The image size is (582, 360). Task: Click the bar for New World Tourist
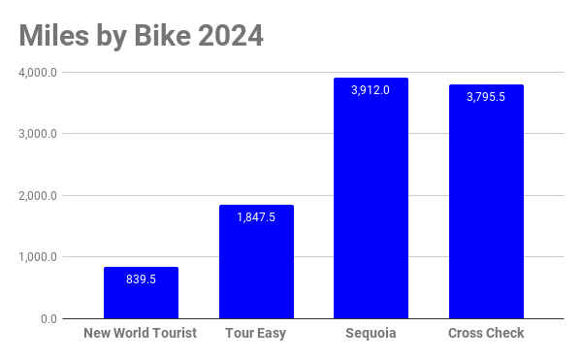coord(141,292)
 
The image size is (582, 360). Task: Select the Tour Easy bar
coord(256,262)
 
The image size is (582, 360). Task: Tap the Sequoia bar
coord(371,198)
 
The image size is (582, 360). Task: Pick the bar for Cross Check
coord(486,202)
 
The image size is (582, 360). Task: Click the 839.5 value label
coord(141,279)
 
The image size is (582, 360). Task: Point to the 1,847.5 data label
coord(256,217)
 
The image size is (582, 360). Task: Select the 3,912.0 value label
coord(371,90)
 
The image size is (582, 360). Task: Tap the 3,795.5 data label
coord(486,97)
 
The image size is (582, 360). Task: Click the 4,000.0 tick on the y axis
coord(38,73)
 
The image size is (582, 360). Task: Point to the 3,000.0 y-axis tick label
coord(38,134)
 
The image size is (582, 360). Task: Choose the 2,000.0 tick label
coord(38,196)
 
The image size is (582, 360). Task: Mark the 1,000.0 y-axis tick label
coord(38,257)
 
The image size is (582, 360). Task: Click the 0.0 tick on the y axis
coord(49,319)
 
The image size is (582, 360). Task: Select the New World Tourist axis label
coord(141,333)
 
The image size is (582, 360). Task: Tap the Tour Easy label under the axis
coord(256,333)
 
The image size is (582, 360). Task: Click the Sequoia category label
coord(371,333)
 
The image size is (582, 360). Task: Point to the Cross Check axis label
coord(486,333)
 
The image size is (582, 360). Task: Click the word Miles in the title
coord(53,36)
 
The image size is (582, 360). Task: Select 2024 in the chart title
coord(231,36)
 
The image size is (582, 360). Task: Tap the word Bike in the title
coord(163,36)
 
